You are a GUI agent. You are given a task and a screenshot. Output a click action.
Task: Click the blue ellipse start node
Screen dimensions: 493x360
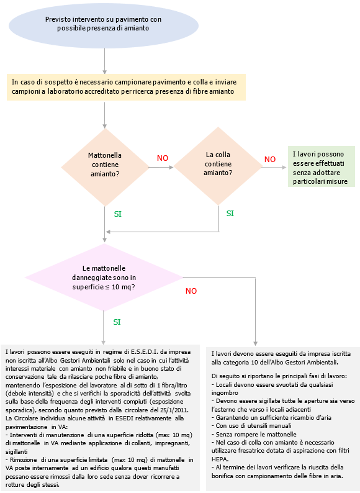click(105, 24)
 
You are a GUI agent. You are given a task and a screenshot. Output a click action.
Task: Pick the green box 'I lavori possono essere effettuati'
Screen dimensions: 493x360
click(321, 167)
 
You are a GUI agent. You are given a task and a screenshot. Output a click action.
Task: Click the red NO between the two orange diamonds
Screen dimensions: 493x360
click(163, 158)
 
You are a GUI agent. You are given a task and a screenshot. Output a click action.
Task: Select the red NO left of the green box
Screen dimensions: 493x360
click(270, 160)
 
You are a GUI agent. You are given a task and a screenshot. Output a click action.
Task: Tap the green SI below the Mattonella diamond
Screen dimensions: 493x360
click(118, 214)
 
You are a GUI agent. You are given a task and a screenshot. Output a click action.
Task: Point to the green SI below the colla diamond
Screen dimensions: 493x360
click(230, 213)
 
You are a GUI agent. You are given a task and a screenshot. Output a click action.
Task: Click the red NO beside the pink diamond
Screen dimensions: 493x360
click(191, 291)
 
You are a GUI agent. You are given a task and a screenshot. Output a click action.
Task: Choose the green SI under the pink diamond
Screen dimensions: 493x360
click(117, 322)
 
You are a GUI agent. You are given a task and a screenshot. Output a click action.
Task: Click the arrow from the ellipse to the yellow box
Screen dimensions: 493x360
click(104, 62)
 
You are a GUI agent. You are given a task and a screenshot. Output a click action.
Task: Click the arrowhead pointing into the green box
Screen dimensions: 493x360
click(286, 166)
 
